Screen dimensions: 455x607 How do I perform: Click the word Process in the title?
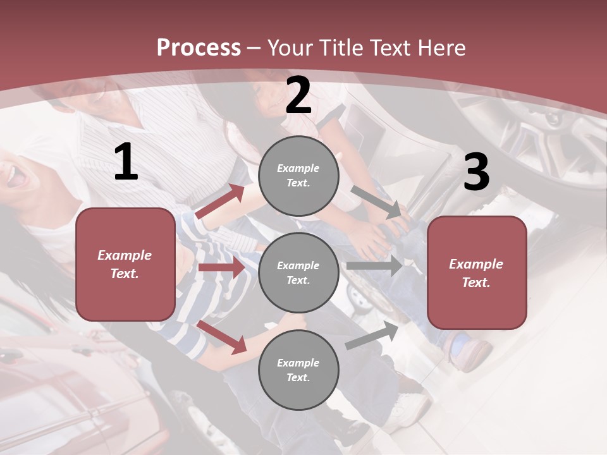pyautogui.click(x=199, y=48)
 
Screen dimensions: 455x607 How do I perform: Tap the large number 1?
pyautogui.click(x=126, y=162)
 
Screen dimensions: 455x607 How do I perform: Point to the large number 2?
pyautogui.click(x=298, y=96)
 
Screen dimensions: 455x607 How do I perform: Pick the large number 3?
pyautogui.click(x=476, y=172)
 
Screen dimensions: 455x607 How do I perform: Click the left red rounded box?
pyautogui.click(x=125, y=264)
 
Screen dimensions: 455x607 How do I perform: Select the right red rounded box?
pyautogui.click(x=477, y=273)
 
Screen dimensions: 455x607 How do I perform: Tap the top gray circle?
pyautogui.click(x=298, y=176)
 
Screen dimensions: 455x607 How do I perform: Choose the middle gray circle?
pyautogui.click(x=298, y=272)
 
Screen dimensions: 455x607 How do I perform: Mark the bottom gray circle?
pyautogui.click(x=298, y=370)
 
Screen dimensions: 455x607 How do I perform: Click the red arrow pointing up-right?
pyautogui.click(x=221, y=201)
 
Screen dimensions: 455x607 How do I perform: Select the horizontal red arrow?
pyautogui.click(x=221, y=267)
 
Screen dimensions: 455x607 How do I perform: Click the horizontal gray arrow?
pyautogui.click(x=374, y=266)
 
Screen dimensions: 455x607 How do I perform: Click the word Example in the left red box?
pyautogui.click(x=125, y=255)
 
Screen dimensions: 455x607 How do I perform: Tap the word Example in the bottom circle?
pyautogui.click(x=298, y=363)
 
